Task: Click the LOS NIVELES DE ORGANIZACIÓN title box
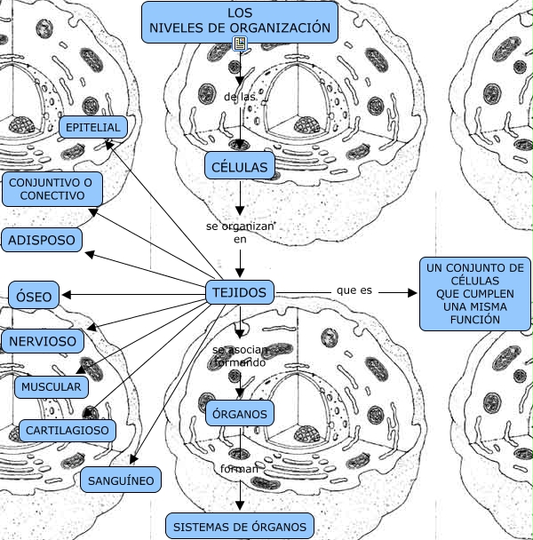[x=240, y=21]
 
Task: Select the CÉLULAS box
[x=240, y=165]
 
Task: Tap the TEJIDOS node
[x=240, y=291]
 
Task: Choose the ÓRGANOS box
[x=240, y=413]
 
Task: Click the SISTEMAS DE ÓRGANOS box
[x=240, y=526]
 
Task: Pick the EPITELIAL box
[x=93, y=128]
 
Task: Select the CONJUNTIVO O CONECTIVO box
[x=52, y=188]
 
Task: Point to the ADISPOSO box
[x=42, y=240]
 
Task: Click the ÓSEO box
[x=34, y=296]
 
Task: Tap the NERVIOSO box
[x=45, y=340]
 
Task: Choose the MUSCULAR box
[x=52, y=387]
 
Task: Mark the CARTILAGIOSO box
[x=68, y=431]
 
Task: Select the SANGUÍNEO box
[x=122, y=480]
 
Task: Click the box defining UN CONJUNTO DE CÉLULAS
[x=474, y=293]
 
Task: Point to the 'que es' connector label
[x=354, y=290]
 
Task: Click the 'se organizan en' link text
[x=240, y=233]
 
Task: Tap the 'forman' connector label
[x=240, y=468]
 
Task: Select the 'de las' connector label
[x=240, y=96]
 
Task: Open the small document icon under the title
[x=239, y=44]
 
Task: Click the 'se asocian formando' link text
[x=240, y=357]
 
